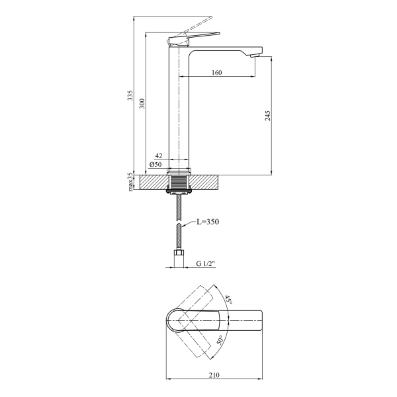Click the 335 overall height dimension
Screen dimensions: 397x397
click(131, 96)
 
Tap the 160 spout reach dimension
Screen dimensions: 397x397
click(217, 73)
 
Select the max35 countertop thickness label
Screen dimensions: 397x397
click(131, 182)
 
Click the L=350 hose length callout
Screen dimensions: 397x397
click(207, 222)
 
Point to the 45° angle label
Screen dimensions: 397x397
click(228, 301)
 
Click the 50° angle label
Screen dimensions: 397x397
click(221, 342)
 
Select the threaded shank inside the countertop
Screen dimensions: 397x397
click(179, 181)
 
